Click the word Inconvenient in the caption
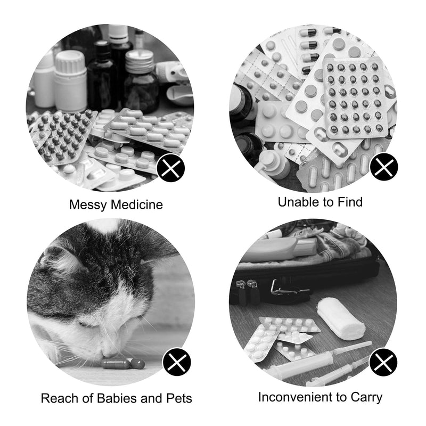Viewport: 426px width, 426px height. [296, 397]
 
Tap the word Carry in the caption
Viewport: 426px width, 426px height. [366, 398]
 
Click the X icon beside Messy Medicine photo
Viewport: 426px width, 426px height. [170, 168]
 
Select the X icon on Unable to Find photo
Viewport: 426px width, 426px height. [384, 166]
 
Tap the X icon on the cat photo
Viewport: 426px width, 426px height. [177, 362]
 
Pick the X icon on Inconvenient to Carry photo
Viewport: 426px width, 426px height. [383, 362]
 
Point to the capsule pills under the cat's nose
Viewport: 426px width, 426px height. [124, 364]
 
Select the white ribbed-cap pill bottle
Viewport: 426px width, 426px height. [70, 81]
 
